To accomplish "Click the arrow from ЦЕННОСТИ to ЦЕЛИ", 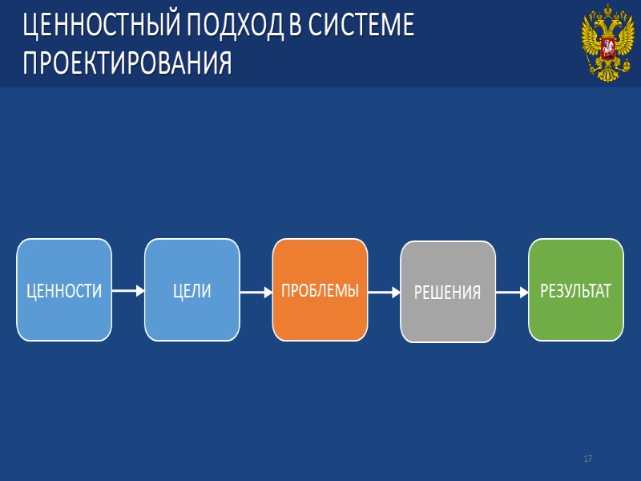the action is pos(128,292).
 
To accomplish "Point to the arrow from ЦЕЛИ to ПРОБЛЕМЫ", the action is pos(256,293).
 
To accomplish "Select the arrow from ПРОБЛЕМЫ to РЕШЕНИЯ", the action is pos(384,293).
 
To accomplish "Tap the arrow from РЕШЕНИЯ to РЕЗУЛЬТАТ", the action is pos(511,293).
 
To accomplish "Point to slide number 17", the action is pos(588,459).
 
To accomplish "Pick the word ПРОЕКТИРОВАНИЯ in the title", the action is pos(127,63).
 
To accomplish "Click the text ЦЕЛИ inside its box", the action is pos(192,291).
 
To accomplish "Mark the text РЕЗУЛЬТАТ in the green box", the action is pos(575,290).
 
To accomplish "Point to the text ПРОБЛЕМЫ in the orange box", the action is pos(320,290).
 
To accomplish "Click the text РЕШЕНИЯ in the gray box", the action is pos(448,293).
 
